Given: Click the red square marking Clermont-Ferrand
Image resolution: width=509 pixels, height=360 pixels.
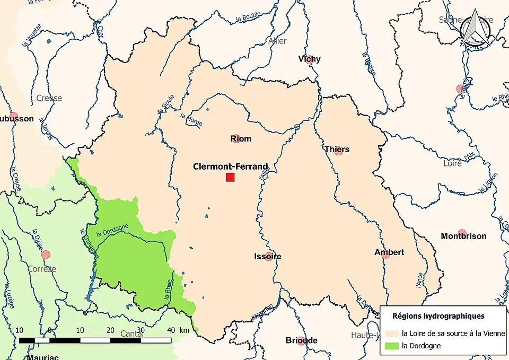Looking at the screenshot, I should tap(230, 177).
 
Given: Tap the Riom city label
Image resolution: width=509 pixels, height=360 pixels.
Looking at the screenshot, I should tap(241, 139).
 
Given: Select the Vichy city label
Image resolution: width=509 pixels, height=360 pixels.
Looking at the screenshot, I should tap(310, 59).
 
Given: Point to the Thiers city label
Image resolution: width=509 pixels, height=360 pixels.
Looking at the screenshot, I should tap(337, 150).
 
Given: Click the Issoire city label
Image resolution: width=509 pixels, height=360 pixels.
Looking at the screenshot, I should tap(267, 257).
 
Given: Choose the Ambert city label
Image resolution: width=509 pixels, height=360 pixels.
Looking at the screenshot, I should tap(389, 252).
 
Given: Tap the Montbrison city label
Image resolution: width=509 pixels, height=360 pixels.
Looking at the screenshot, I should tap(463, 236).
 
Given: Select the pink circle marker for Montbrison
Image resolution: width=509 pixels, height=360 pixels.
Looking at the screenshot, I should tap(462, 233).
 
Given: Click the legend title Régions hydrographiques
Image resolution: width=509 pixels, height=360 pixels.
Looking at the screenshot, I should tap(438, 316).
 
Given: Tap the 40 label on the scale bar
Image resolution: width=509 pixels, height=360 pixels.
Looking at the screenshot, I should tap(171, 330).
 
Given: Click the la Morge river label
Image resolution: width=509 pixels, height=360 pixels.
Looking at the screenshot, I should tap(191, 120).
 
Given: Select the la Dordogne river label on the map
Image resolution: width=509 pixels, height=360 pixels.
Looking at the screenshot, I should tap(112, 231).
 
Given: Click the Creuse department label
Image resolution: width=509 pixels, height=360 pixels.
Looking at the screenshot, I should tap(49, 98).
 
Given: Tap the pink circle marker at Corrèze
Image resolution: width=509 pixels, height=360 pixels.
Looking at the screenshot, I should tap(46, 254).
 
